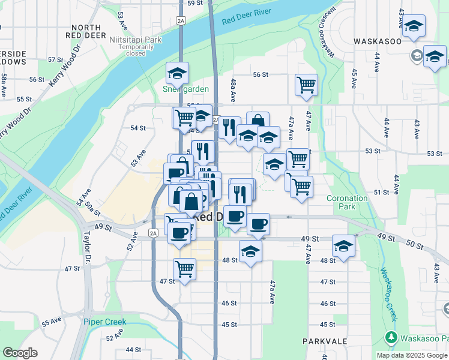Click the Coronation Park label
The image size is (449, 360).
[x=347, y=202]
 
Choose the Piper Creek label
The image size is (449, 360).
[x=105, y=322]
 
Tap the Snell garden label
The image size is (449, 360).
[x=186, y=89]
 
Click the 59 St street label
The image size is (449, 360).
[x=195, y=3]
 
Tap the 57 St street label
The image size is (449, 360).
[x=56, y=60]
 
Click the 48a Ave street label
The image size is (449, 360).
[x=232, y=91]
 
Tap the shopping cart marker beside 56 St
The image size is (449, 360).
[x=306, y=84]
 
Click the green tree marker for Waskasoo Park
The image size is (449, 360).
[x=392, y=338]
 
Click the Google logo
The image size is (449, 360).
[x=20, y=353]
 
